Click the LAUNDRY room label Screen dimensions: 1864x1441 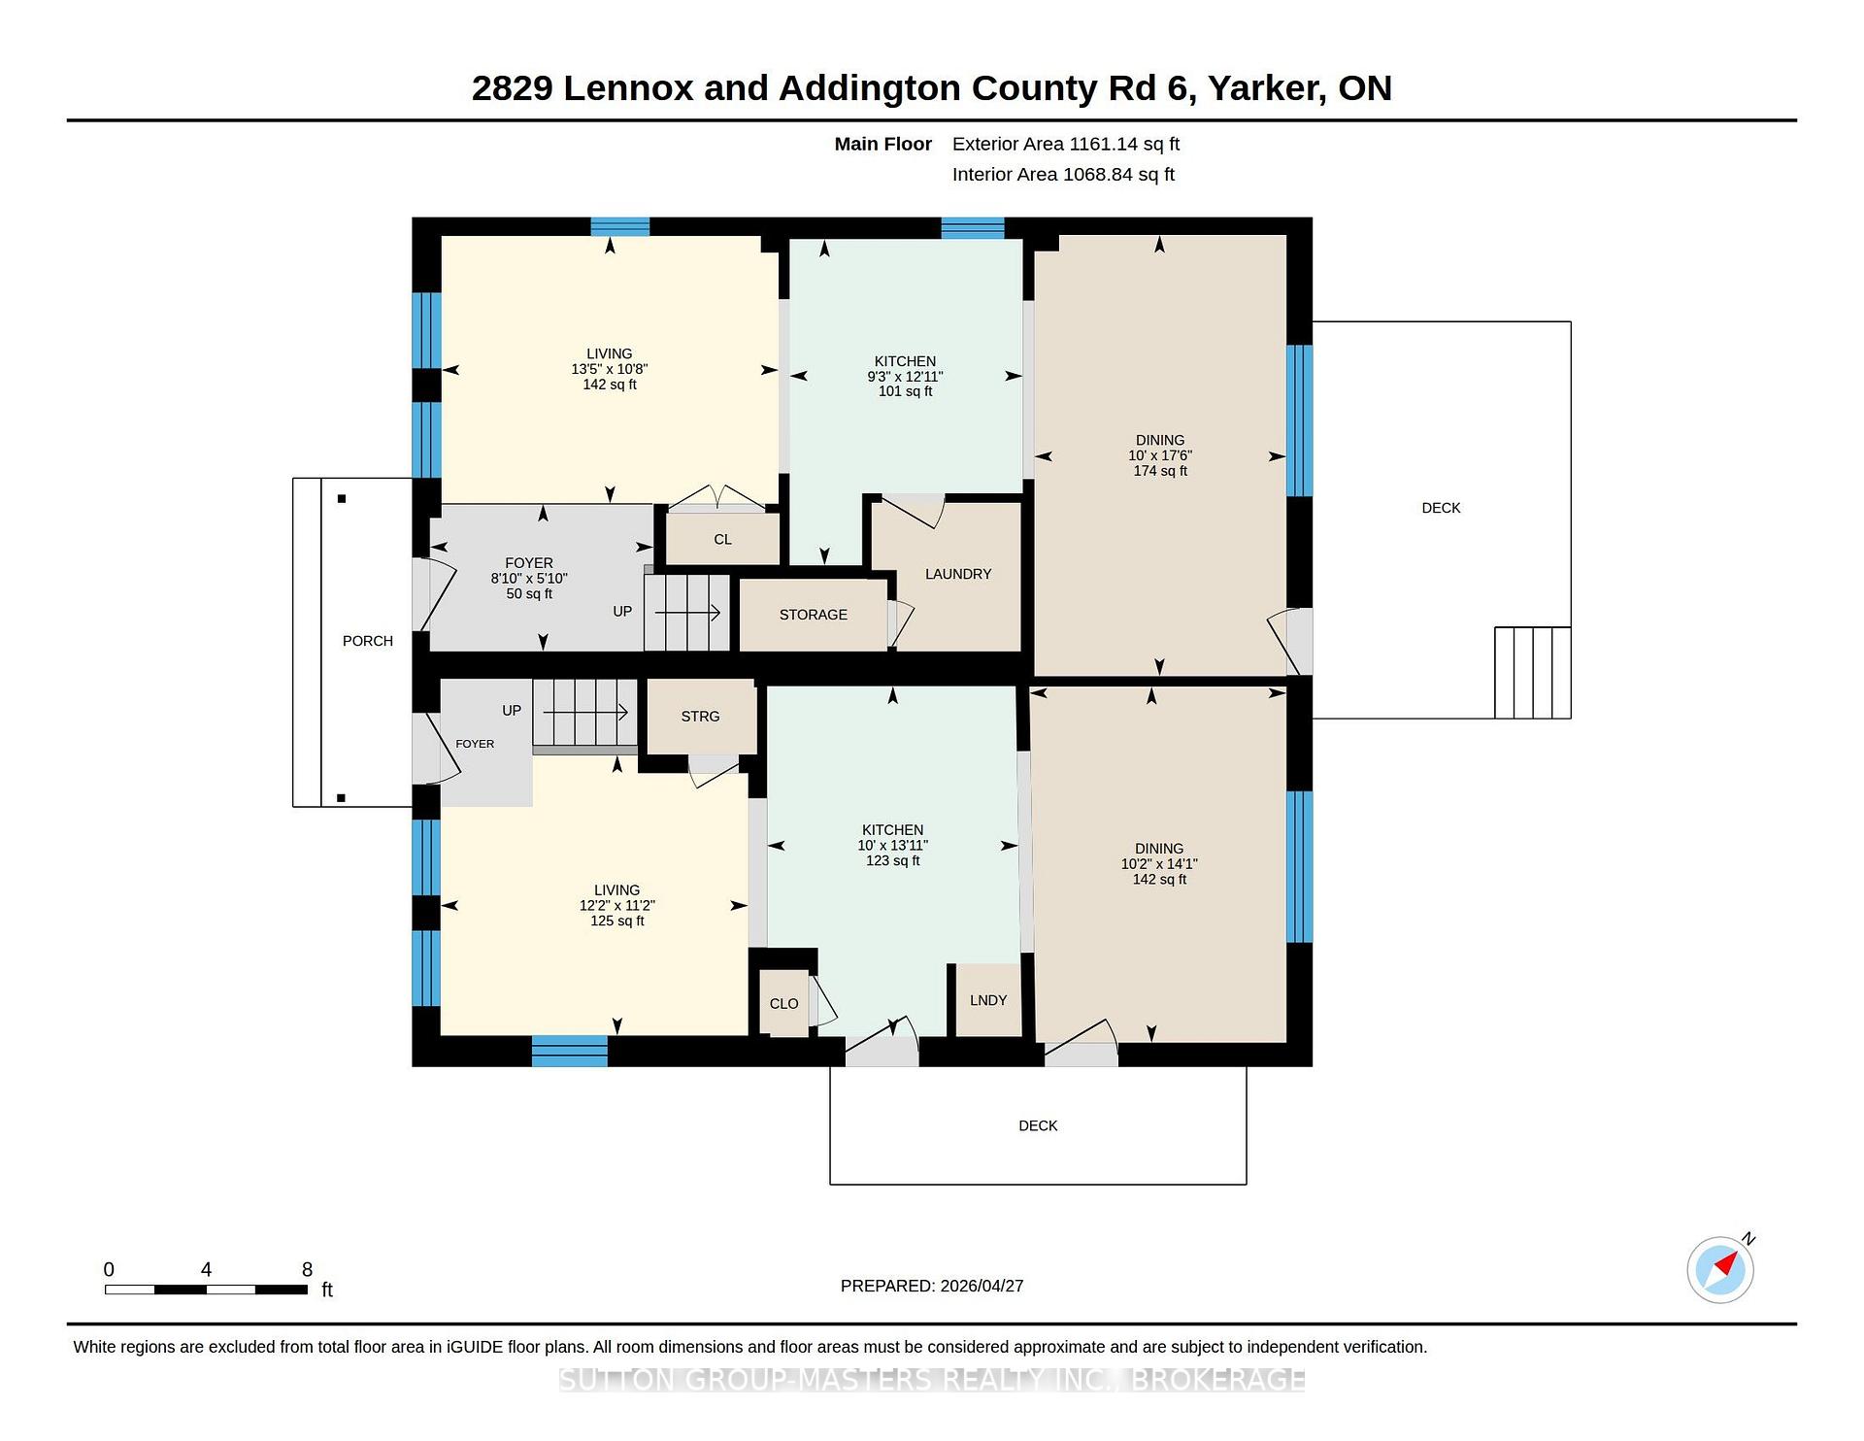click(x=958, y=574)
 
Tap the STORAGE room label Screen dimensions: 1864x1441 click(x=814, y=615)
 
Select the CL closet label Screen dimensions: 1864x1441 click(x=722, y=540)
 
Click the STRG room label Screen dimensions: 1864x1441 click(x=700, y=717)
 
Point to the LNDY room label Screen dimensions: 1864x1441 click(x=988, y=1000)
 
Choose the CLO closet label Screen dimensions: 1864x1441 click(x=783, y=1004)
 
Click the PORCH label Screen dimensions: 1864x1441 click(x=368, y=641)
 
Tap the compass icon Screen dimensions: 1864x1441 click(x=1720, y=1269)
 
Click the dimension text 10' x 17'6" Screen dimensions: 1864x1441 click(x=1160, y=455)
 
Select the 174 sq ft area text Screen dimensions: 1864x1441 click(x=1160, y=471)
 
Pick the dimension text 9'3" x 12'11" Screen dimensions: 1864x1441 click(x=905, y=377)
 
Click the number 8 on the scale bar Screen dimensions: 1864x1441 click(x=307, y=1269)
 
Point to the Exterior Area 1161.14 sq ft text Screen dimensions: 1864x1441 click(x=1066, y=144)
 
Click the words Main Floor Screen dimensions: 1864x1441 click(x=883, y=144)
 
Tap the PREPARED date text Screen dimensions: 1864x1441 click(x=932, y=1286)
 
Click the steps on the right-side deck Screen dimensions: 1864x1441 click(x=1533, y=673)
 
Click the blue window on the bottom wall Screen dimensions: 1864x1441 click(x=570, y=1052)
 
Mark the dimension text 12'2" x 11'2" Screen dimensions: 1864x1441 click(x=617, y=905)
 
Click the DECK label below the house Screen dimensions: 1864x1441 click(x=1038, y=1125)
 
